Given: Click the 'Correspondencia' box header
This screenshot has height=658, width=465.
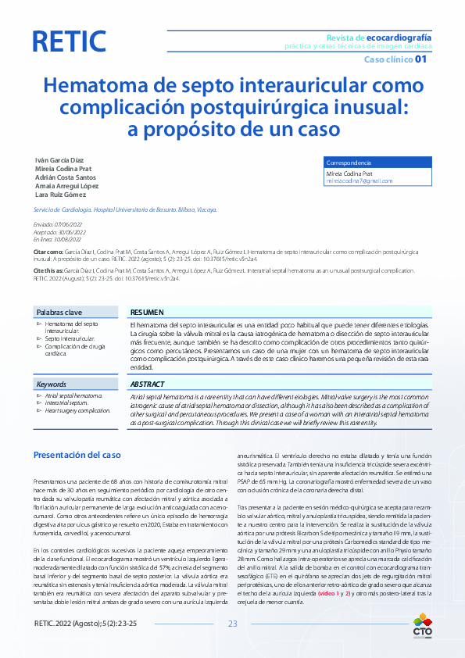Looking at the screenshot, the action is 349,162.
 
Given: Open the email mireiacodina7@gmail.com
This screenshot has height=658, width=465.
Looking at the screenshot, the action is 359,181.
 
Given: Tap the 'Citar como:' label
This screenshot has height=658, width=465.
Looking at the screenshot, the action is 48,252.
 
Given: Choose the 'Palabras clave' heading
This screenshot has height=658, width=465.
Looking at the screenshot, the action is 58,311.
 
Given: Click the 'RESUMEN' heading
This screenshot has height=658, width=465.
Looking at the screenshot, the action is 147,311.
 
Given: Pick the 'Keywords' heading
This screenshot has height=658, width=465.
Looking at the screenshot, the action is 52,384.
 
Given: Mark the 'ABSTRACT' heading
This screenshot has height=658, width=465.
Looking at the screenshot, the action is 148,384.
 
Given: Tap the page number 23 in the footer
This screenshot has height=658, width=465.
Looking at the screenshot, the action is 232,623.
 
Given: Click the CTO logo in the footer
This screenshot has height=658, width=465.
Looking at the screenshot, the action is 421,628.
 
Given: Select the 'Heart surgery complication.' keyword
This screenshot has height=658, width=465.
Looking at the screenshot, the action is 77,410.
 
